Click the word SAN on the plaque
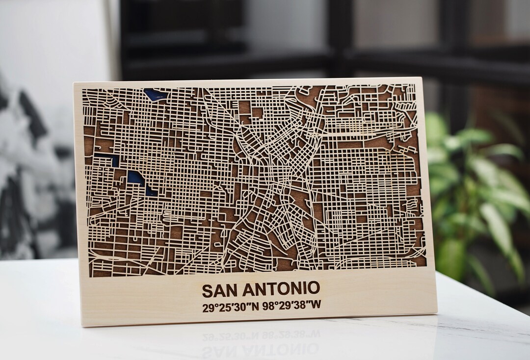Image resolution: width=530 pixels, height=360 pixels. coord(219,289)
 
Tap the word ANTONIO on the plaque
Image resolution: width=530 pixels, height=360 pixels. coord(280,289)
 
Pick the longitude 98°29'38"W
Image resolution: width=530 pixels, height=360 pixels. coord(292,305)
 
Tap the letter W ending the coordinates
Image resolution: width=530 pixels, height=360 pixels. coord(316,304)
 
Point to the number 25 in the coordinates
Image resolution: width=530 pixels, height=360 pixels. coord(224,306)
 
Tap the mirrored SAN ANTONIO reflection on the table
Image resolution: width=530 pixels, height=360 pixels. coord(260,350)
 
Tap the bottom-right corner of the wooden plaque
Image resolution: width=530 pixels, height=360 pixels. coord(436,312)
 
